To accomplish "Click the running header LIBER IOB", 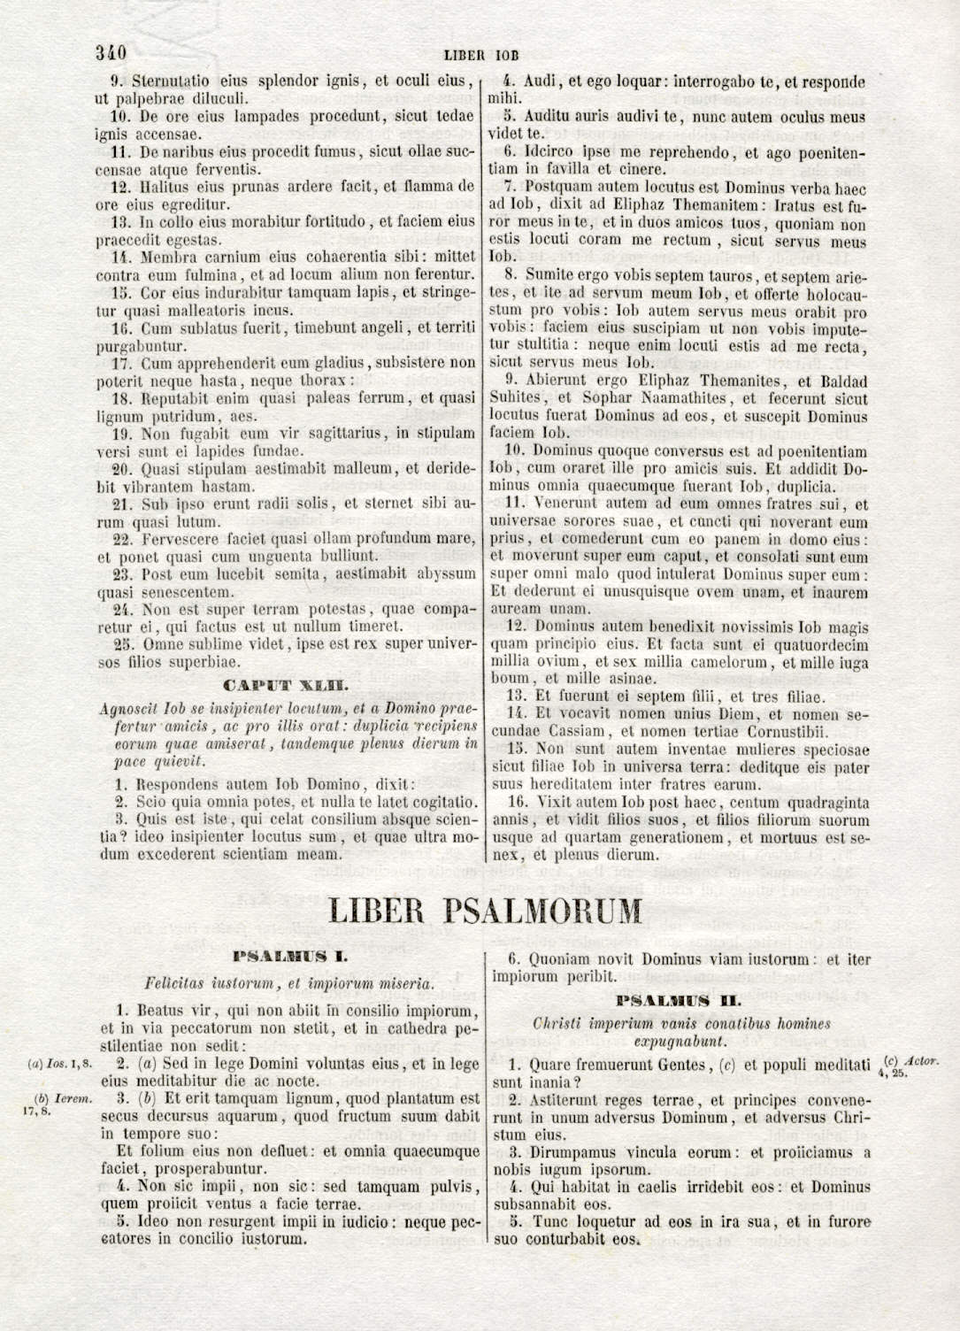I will (480, 54).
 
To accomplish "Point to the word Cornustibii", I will (785, 731).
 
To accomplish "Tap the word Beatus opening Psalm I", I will (157, 1010).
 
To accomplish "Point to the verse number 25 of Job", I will (123, 643).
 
